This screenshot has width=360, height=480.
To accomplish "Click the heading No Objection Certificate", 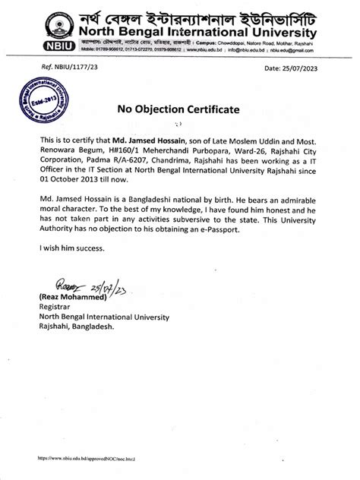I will pos(178,109).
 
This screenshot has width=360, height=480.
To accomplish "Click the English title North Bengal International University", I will pos(197,34).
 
